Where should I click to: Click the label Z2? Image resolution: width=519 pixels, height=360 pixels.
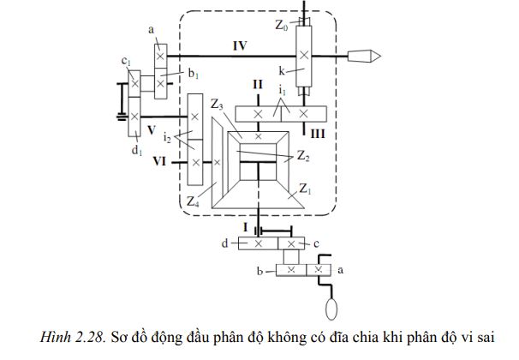click(x=303, y=157)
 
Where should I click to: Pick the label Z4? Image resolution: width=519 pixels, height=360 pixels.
click(x=194, y=201)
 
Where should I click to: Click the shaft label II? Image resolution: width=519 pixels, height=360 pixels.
click(x=256, y=86)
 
